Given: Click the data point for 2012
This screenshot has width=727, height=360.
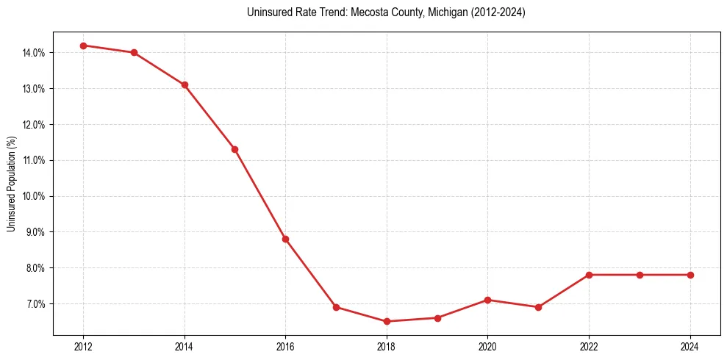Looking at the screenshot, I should (x=83, y=46).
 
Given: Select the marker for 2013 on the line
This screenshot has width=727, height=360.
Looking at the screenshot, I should (x=134, y=53).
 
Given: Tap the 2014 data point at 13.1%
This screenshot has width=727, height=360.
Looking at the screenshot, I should (x=185, y=84).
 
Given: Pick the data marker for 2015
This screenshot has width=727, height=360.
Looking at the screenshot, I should (x=234, y=149).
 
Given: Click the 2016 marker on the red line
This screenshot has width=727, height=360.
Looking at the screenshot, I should (x=285, y=239).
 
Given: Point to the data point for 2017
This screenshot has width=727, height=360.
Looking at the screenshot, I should (x=336, y=307).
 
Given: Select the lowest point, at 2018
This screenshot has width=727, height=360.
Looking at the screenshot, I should (x=387, y=321).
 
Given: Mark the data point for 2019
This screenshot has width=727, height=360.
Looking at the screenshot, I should (x=437, y=318).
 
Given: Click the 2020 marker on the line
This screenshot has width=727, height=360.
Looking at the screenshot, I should (x=488, y=300).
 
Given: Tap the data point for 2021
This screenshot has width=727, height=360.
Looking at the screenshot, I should (x=538, y=307).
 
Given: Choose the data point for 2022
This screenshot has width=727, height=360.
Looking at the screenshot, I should (x=589, y=275).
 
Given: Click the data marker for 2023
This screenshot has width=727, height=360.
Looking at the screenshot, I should (x=640, y=275).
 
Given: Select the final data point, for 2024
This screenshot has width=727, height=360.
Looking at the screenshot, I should (x=690, y=275).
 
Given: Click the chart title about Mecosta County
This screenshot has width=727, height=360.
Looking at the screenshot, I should (x=387, y=12).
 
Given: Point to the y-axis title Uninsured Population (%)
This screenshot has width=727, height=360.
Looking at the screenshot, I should (x=11, y=184).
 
